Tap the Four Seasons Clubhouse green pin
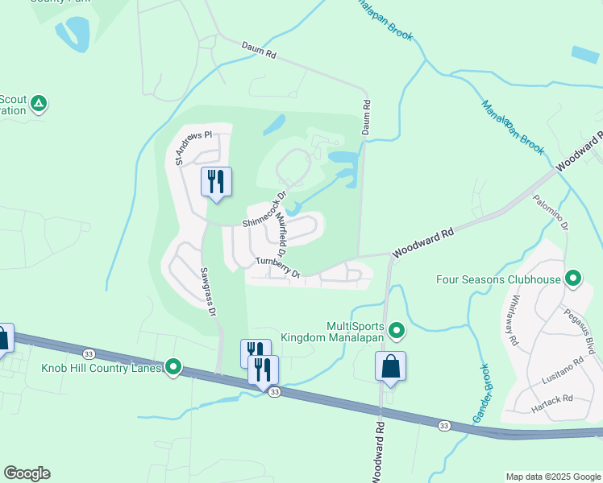(573, 279)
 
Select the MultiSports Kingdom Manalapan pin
(397, 331)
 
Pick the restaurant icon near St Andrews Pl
(215, 181)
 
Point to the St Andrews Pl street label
(191, 147)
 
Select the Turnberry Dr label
(278, 267)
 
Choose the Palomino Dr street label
(552, 214)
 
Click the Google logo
(27, 473)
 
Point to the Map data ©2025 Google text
(552, 477)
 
